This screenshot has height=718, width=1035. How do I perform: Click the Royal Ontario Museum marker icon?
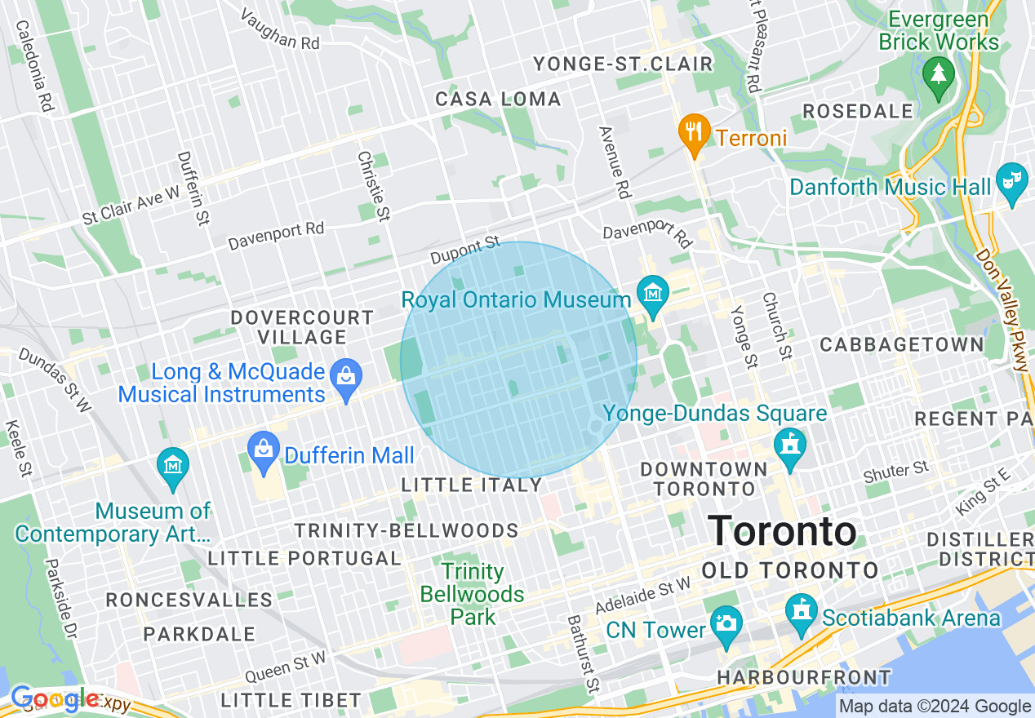[653, 291]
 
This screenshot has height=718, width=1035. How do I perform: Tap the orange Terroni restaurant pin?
[693, 130]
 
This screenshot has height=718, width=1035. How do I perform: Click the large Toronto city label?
[782, 532]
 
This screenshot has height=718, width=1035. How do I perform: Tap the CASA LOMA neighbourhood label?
[498, 100]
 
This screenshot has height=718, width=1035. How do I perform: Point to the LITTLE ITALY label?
[472, 485]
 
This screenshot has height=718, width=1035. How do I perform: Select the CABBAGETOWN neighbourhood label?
[902, 344]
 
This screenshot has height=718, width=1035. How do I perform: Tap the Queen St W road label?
[285, 667]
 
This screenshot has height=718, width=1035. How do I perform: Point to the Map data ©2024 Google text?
[935, 707]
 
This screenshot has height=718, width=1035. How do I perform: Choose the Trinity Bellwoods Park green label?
[472, 594]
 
